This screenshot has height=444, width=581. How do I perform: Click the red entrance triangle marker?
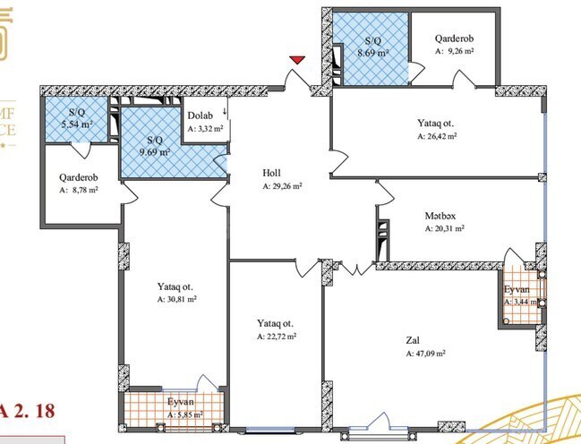coord(297,59)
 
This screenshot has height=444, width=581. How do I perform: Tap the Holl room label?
coord(272,173)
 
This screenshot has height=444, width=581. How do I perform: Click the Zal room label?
coord(413,340)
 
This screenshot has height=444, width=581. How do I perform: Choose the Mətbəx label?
coord(440,215)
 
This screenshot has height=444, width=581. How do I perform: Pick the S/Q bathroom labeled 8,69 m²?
coord(373,47)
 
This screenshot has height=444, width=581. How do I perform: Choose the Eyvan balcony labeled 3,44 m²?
coord(520,296)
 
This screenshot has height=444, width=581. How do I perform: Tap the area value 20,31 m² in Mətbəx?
coord(444,229)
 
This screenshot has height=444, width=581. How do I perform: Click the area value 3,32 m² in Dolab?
coord(206,130)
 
